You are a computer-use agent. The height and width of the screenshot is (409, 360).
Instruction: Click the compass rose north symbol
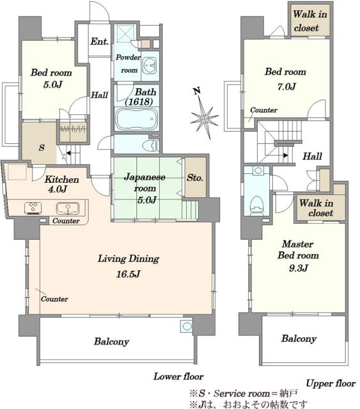tap(205, 116)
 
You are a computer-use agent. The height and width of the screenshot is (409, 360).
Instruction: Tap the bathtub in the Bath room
tap(137, 119)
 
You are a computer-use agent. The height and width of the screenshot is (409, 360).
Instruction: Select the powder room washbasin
tap(150, 65)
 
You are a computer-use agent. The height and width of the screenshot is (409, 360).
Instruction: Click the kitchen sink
tap(68, 208)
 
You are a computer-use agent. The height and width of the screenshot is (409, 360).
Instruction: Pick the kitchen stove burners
tap(33, 208)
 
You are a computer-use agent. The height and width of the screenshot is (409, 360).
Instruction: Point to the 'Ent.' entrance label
tap(100, 42)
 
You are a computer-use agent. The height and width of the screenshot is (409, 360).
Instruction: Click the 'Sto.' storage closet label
tap(195, 178)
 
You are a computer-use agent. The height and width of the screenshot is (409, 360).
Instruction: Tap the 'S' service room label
tap(42, 148)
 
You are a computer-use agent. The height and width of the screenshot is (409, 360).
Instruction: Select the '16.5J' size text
tap(129, 274)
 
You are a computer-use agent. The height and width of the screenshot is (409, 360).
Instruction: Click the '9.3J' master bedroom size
tap(299, 268)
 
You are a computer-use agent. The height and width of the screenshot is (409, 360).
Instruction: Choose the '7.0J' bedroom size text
tap(286, 86)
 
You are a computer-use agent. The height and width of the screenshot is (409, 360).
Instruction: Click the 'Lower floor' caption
tap(178, 376)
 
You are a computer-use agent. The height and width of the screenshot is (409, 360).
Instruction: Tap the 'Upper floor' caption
tap(331, 383)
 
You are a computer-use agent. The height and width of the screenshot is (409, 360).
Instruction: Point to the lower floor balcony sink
tap(187, 326)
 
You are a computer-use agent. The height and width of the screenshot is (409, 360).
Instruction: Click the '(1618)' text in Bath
tap(139, 102)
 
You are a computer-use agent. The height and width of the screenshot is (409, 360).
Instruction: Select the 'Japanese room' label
tap(145, 183)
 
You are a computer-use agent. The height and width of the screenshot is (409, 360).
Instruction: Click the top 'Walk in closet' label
tap(309, 21)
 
